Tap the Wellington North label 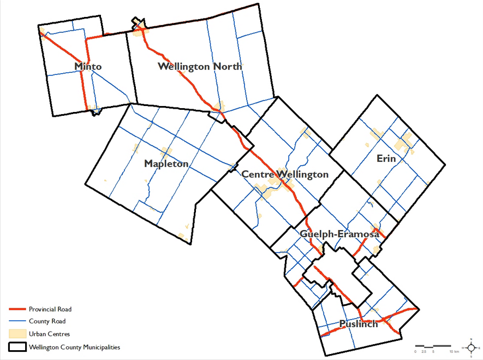200,67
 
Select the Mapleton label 166,164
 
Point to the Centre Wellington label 285,175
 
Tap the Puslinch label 358,324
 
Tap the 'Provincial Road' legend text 50,310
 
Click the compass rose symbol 472,346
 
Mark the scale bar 433,346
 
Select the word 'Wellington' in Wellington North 183,67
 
